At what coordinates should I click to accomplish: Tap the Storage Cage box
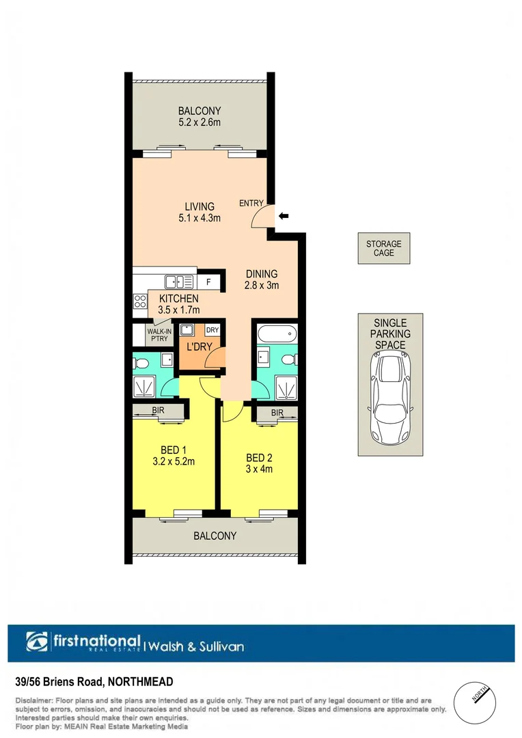click(383, 248)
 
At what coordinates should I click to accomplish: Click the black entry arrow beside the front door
click(284, 216)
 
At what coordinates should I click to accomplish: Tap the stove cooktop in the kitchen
click(140, 300)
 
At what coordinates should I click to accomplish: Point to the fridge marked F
click(208, 281)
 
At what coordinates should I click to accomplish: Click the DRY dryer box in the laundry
click(212, 330)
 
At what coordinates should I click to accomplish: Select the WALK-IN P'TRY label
click(159, 334)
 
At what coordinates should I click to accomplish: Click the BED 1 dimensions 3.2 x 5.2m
click(174, 461)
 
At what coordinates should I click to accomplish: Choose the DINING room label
click(262, 274)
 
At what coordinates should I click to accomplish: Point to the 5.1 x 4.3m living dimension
click(199, 218)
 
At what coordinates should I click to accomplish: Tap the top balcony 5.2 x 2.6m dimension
click(200, 123)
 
